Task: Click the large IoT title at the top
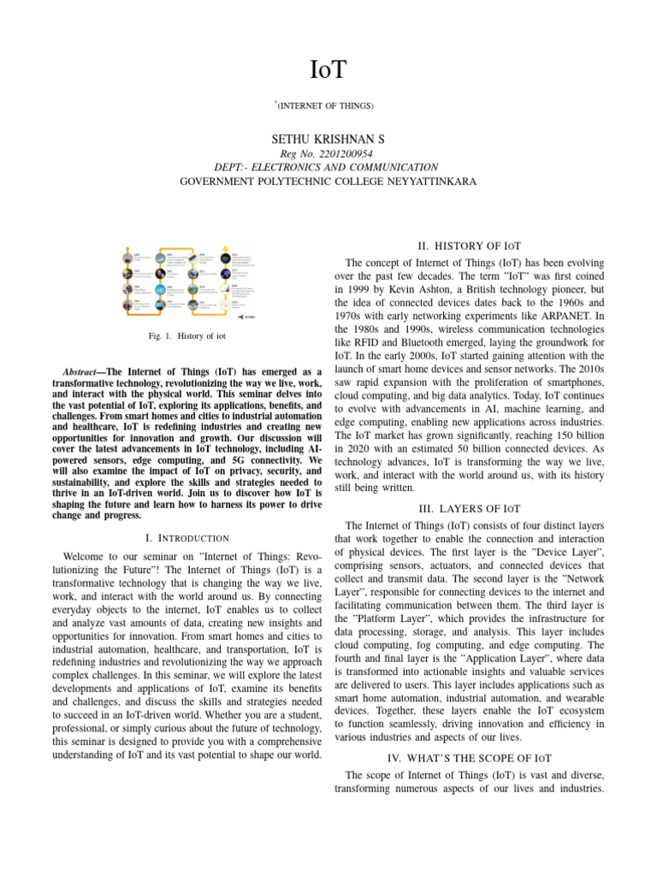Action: (328, 68)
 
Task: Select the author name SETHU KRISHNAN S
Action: (328, 138)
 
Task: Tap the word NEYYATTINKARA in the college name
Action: (429, 181)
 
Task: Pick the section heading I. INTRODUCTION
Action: (187, 537)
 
